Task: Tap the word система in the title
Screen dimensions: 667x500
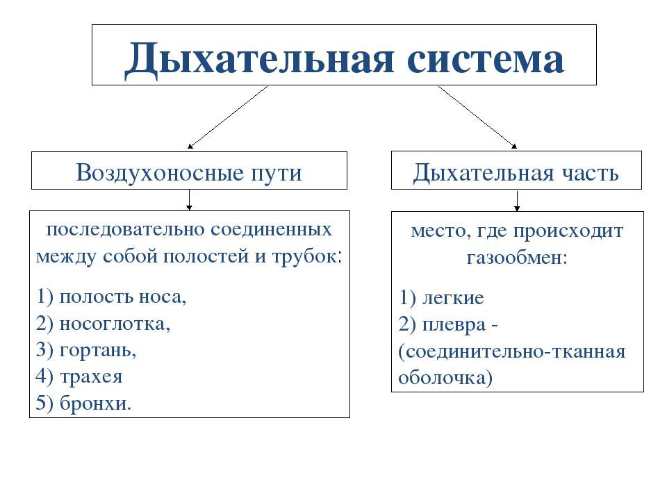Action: point(486,60)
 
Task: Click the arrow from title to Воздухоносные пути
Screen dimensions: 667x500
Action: point(228,117)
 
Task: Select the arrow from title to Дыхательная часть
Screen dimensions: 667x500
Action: point(477,117)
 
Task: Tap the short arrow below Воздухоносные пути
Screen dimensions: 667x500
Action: point(189,200)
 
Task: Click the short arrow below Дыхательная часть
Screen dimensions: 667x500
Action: point(517,201)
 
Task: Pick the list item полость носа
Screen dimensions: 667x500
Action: point(122,297)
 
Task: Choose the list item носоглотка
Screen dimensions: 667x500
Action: point(115,324)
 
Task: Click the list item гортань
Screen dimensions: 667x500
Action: point(98,350)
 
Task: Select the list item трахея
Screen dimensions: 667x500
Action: point(91,376)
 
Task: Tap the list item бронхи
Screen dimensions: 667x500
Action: point(95,403)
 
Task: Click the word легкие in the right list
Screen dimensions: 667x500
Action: point(452,298)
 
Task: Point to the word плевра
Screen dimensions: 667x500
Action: point(454,325)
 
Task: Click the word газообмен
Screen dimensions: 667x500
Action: point(517,257)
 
